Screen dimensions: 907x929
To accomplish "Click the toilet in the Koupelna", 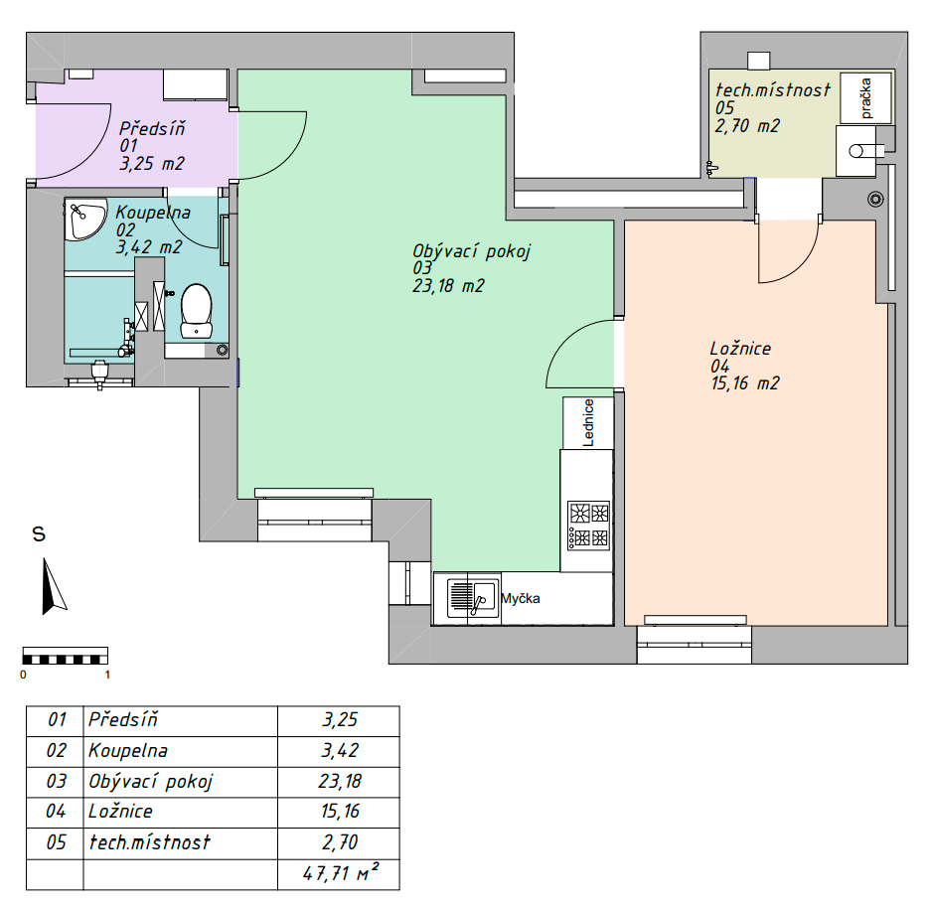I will coord(196,309).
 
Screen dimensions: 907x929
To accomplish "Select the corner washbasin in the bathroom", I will coord(83,218).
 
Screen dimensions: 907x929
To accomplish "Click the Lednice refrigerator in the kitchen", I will coord(586,423).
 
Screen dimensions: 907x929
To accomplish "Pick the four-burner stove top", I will coord(587,526).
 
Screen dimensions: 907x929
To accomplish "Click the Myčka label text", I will coord(520,599).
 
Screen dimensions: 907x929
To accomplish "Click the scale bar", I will coord(65,657).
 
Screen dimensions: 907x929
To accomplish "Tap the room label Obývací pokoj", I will coord(472,251).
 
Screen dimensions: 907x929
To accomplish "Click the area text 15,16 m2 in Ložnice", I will coord(744,383).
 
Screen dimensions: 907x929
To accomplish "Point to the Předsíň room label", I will coord(152,128).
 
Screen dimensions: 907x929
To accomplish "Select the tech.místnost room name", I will coord(772,90).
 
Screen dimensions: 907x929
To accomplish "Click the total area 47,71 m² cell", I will coord(340,875).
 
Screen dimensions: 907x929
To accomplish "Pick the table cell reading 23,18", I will coord(340,781).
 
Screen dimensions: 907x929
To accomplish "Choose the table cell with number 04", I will coord(56,811).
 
